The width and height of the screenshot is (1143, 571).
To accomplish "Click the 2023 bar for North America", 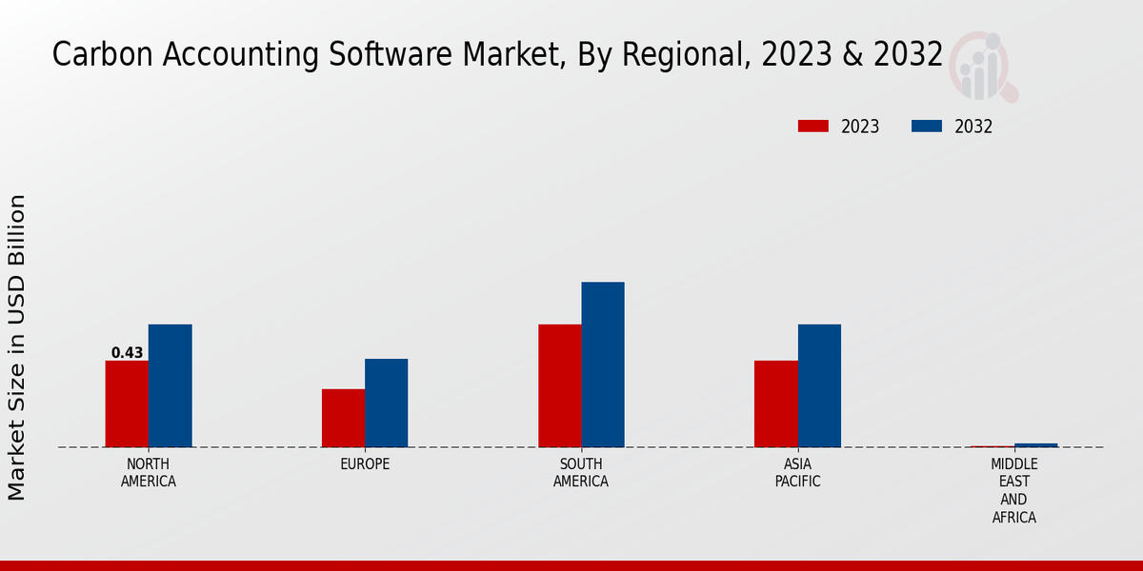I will (127, 404).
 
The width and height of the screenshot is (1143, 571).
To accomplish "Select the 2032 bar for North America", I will (170, 385).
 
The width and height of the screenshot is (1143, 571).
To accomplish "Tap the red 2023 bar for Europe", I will (343, 418).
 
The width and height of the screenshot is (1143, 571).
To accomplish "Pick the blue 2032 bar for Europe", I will (386, 403).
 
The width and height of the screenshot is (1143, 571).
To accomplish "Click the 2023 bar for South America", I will (559, 385).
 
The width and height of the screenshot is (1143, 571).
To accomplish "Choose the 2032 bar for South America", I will (603, 364).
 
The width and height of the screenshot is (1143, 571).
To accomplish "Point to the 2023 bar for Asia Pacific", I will (775, 404).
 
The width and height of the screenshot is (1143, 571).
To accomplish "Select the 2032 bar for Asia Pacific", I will (819, 385).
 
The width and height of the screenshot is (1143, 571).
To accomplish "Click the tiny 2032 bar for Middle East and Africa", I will (1035, 444).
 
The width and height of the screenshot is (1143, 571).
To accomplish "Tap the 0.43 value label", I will (127, 353).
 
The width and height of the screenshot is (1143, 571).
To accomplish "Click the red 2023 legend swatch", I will (813, 127).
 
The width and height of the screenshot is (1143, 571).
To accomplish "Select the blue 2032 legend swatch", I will (927, 127).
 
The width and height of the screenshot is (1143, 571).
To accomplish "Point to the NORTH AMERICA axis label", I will (148, 473).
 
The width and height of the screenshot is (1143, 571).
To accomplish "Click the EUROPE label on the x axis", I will (365, 464).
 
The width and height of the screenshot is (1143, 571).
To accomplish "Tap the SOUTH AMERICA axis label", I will (581, 473).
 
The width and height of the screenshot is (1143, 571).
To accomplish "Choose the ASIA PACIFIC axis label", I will (797, 473).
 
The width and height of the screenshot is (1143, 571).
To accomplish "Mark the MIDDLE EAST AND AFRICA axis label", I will (1013, 491).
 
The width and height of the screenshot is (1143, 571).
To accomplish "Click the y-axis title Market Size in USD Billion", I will (17, 347).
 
